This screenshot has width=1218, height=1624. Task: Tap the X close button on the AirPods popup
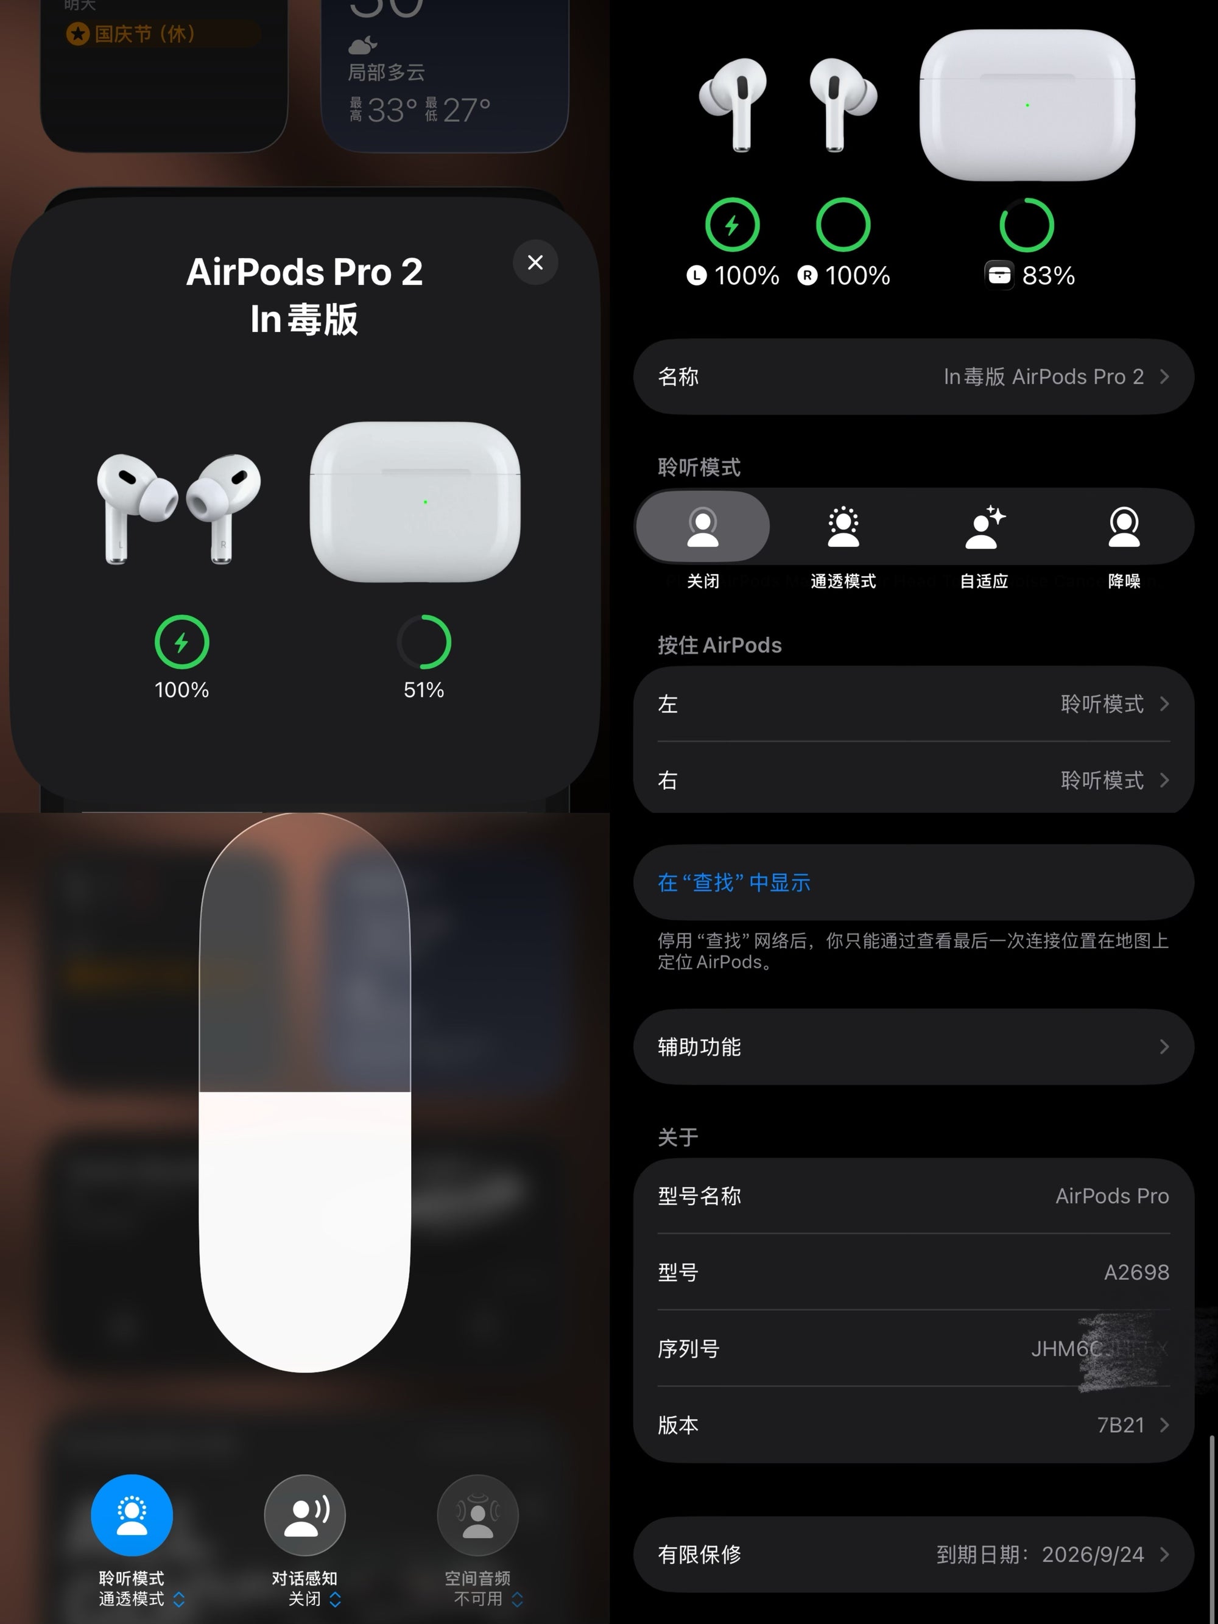[x=535, y=262]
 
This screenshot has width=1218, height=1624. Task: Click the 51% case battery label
[x=424, y=690]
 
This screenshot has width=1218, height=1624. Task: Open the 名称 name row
[x=913, y=377]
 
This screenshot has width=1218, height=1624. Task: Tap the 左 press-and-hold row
[x=913, y=704]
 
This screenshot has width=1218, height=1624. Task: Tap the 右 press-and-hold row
[x=913, y=779]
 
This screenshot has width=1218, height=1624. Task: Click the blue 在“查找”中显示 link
[x=734, y=882]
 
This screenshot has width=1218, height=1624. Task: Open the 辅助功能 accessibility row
[x=913, y=1047]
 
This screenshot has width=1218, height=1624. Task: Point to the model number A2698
[x=1136, y=1272]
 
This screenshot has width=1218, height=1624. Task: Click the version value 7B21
[x=1121, y=1425]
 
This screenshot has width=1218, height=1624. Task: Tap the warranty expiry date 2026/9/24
[x=1093, y=1554]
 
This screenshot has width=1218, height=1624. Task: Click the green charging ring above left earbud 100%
[x=732, y=225]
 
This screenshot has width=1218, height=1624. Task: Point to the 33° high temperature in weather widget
[x=392, y=111]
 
